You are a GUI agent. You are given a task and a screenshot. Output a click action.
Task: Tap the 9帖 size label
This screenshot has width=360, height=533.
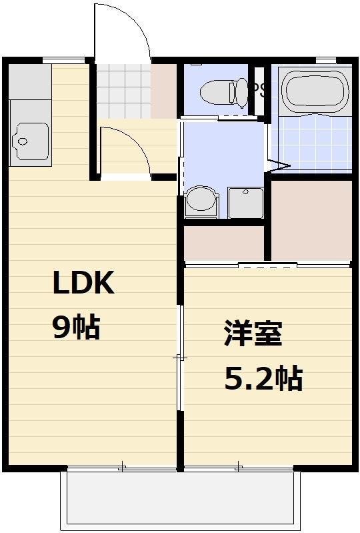click(x=76, y=328)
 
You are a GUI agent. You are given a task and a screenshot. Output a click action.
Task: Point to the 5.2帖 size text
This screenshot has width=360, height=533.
click(x=263, y=379)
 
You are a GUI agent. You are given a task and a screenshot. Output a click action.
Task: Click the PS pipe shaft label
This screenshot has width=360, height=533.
click(x=259, y=89)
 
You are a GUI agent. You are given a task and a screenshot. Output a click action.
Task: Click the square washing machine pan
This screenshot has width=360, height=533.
click(x=246, y=201)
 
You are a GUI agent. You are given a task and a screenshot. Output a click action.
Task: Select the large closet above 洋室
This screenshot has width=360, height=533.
click(x=311, y=220)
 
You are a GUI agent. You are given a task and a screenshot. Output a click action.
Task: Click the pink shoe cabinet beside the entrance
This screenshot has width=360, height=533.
click(x=164, y=91)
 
